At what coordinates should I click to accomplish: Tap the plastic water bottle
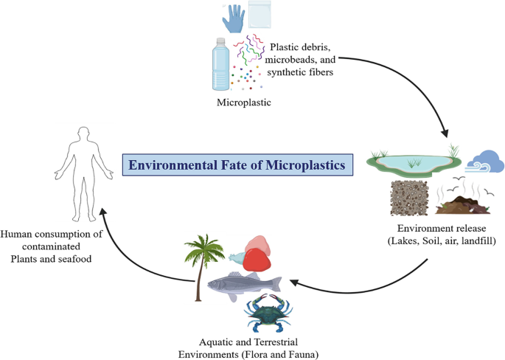[x=221, y=66]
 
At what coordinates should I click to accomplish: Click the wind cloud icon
[x=486, y=161]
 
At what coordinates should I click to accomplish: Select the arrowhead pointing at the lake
[x=445, y=134]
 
